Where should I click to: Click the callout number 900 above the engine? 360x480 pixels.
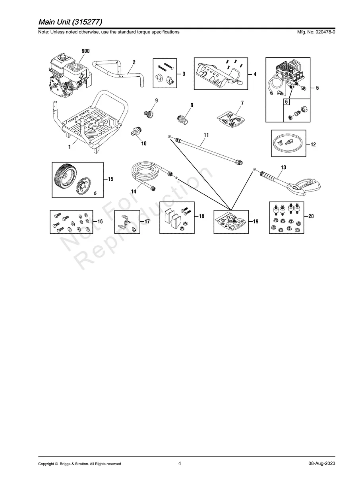(x=85, y=51)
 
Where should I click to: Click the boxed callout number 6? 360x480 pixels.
(x=286, y=102)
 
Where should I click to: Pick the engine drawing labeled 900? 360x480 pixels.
(x=68, y=75)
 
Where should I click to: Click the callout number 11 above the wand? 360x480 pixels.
(x=206, y=135)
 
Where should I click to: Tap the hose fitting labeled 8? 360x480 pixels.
(x=182, y=120)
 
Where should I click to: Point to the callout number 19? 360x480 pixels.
(x=255, y=221)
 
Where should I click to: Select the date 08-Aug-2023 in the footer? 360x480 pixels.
(x=322, y=457)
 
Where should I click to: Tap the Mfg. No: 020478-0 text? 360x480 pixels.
(x=316, y=32)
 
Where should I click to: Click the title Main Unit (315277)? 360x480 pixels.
(x=70, y=22)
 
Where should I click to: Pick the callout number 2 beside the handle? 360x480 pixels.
(x=134, y=62)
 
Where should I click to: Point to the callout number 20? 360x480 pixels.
(x=311, y=216)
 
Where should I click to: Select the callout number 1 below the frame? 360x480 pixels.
(x=70, y=147)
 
